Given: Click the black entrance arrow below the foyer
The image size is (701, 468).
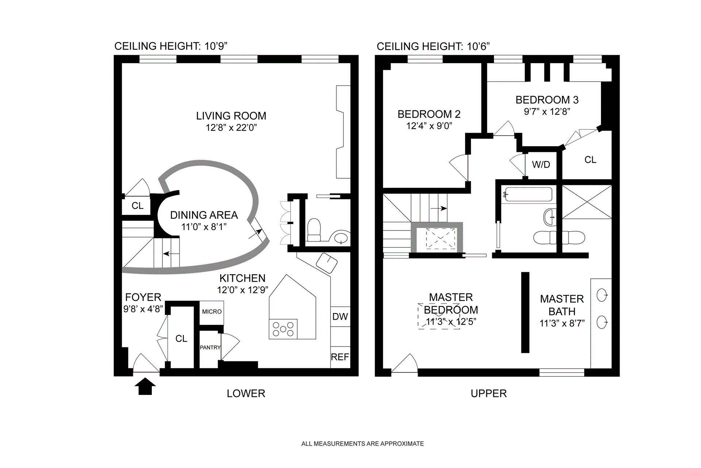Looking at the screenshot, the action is pos(145,386).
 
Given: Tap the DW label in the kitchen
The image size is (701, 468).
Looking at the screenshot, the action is pos(340,317).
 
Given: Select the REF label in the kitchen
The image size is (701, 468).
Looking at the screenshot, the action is pos(340,357).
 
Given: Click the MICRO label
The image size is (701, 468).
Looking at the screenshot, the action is pos(212,312).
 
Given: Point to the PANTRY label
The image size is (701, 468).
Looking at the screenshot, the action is pos(210,347).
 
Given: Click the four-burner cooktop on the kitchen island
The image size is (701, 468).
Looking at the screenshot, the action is pos(283,329).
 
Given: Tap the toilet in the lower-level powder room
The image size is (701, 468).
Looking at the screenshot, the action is pos(314,230).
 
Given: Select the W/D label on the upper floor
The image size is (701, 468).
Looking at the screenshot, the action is pos(541,165).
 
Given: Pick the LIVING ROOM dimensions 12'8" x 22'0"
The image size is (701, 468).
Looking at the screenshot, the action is pos(231,128).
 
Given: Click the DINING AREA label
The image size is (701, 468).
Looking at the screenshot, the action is pos(204,215).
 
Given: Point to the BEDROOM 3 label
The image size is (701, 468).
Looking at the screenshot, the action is pos(547,100).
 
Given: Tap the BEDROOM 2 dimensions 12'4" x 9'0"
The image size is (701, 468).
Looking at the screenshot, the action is pos(429,126).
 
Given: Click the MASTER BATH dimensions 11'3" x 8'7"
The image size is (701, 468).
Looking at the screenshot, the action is pos(562,323).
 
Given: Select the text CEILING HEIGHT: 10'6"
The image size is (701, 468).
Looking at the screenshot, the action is pos(433,46).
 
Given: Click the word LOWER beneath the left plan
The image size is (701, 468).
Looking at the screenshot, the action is pos(246,393).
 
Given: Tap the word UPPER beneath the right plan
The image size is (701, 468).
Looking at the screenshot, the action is pos(489,393).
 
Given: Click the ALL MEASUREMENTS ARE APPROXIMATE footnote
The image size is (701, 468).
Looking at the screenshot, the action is pos(363,444).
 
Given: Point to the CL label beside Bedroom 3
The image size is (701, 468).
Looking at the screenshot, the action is pos(590,160).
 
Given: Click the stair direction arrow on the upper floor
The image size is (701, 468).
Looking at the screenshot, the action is pos(438,209).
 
